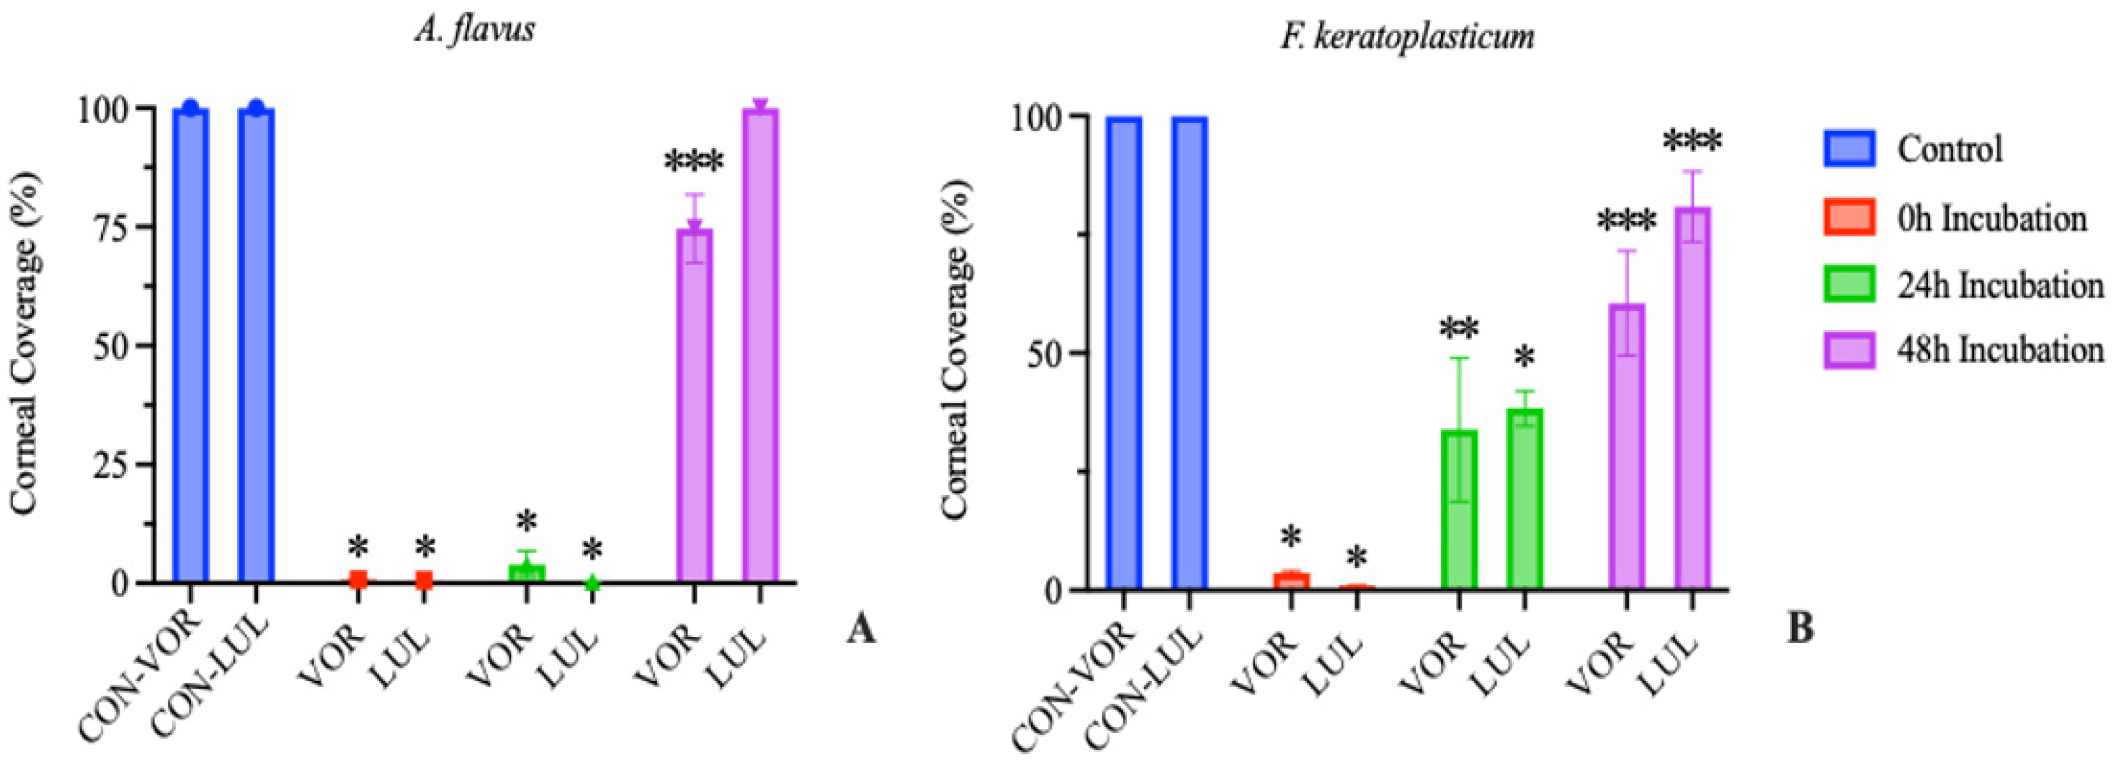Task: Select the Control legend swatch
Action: (1849, 149)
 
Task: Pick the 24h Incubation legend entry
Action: (1849, 284)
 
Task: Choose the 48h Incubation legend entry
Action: (1849, 350)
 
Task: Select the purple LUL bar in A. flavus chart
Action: (760, 345)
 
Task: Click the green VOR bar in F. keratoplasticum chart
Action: (1459, 510)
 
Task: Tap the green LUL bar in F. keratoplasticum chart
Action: (1524, 499)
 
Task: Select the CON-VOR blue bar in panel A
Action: (190, 345)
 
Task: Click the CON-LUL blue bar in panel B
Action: (1189, 353)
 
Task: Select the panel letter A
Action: (861, 631)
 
